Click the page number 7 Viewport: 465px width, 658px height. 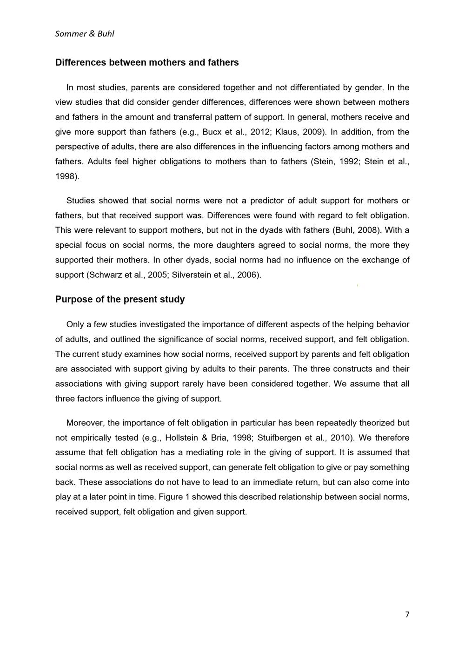pyautogui.click(x=407, y=615)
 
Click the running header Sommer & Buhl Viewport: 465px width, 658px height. pyautogui.click(x=85, y=34)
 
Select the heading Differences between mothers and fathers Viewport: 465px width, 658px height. pyautogui.click(x=147, y=62)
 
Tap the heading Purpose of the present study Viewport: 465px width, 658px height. pyautogui.click(x=120, y=299)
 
